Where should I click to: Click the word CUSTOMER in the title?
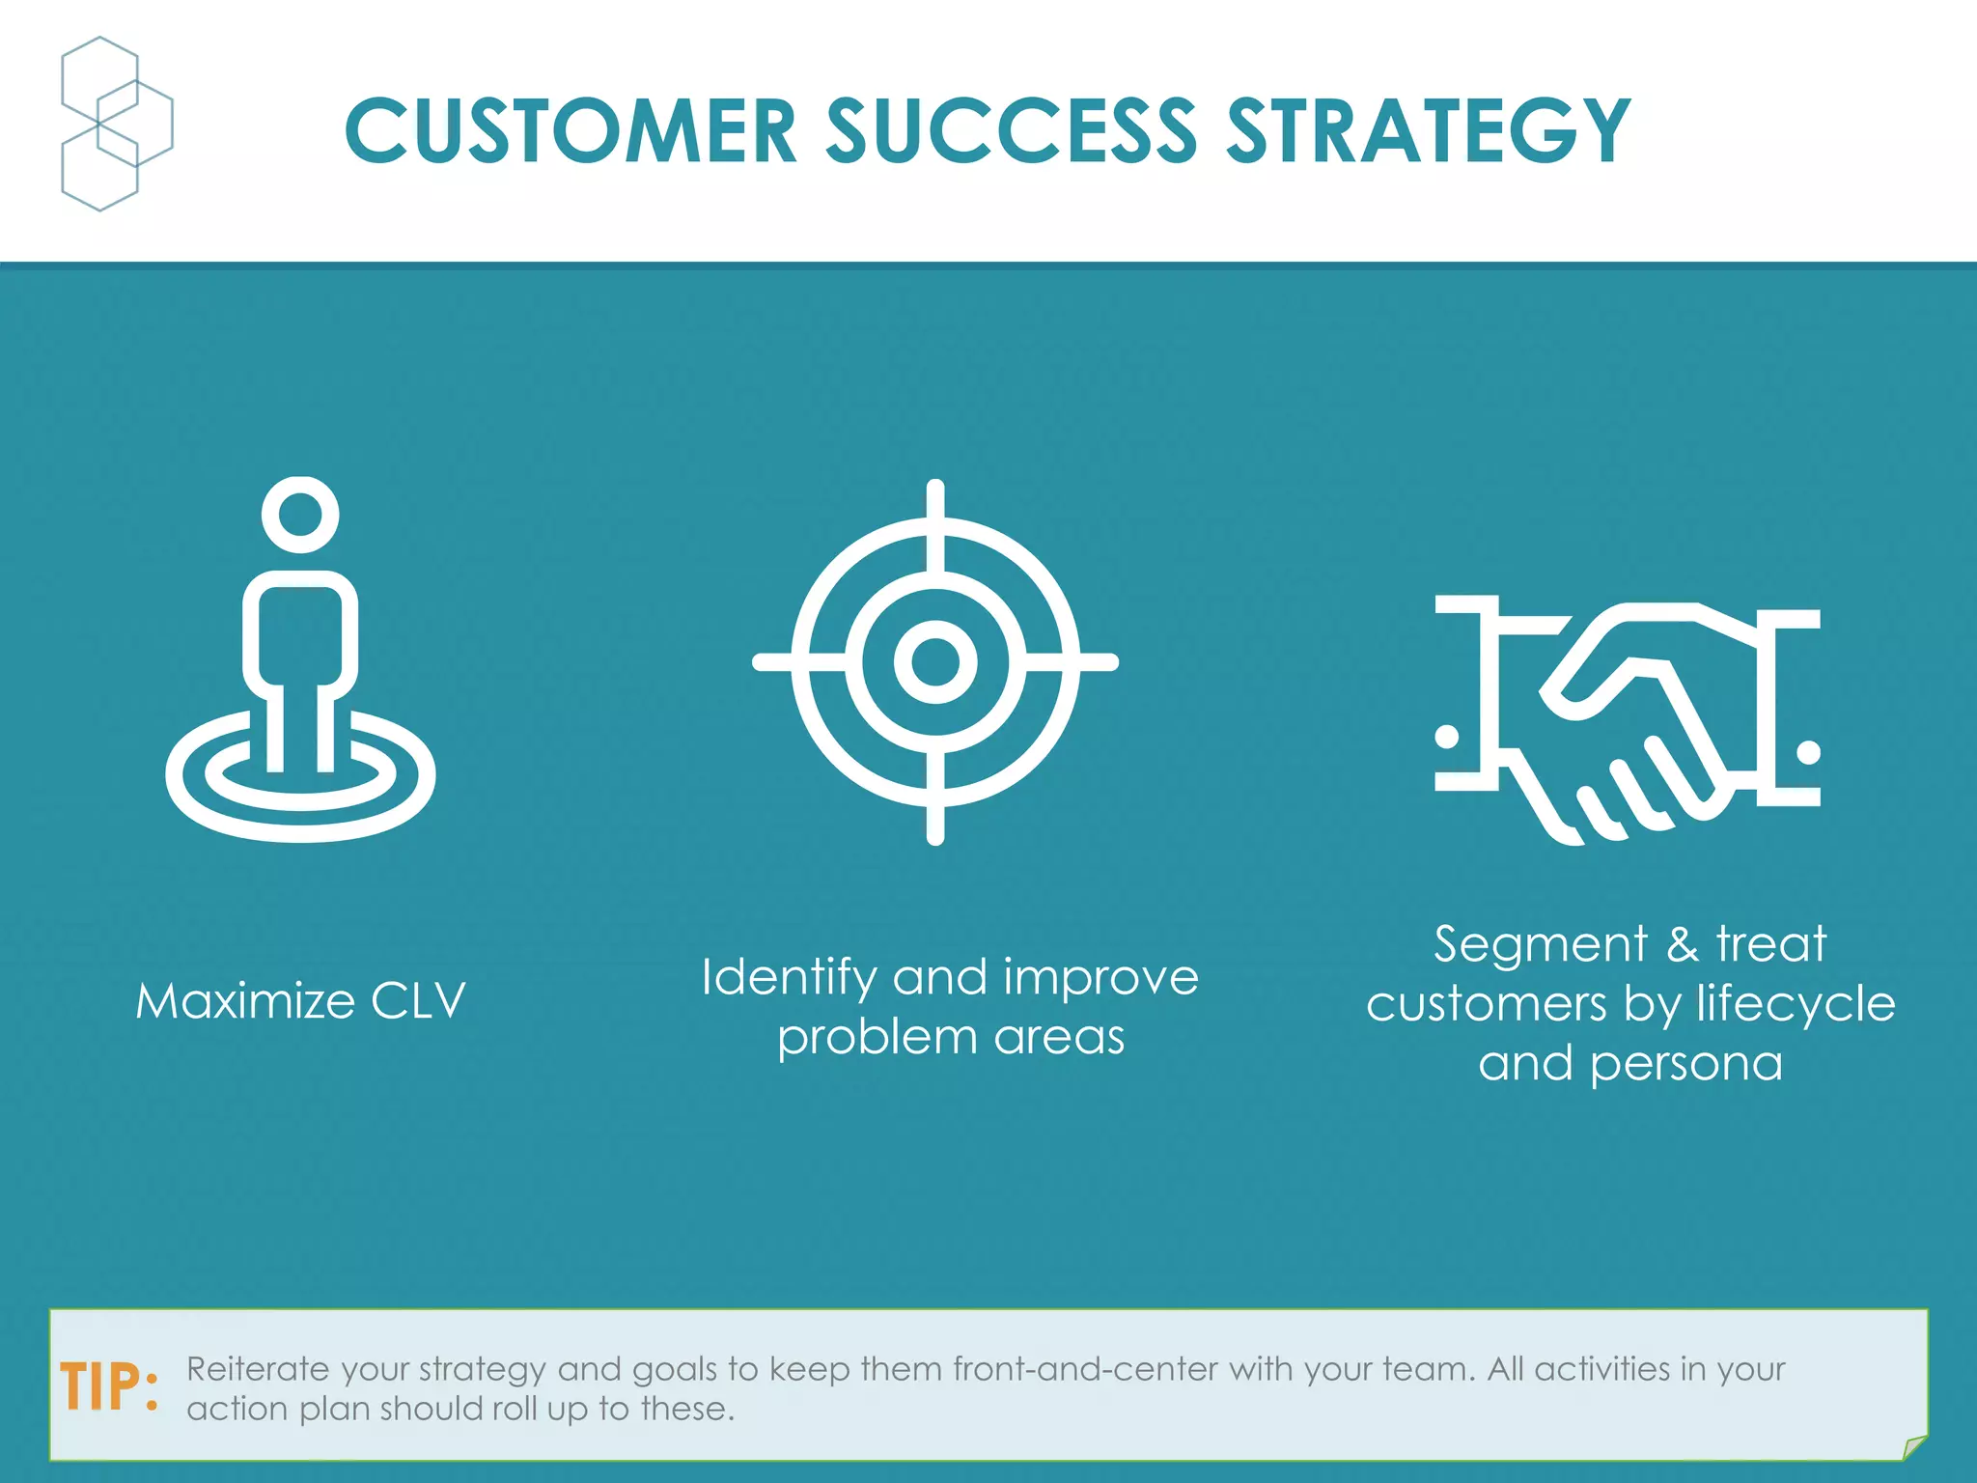point(570,131)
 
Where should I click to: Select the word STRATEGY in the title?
point(1428,131)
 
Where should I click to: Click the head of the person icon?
point(300,514)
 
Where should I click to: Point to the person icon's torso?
point(300,632)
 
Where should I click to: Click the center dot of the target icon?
point(934,662)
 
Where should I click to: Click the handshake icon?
point(1628,719)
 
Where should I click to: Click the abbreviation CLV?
point(418,1001)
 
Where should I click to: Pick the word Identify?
point(789,978)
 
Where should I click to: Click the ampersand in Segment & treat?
point(1682,944)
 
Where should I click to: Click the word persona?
point(1685,1064)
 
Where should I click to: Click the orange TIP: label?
point(109,1388)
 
